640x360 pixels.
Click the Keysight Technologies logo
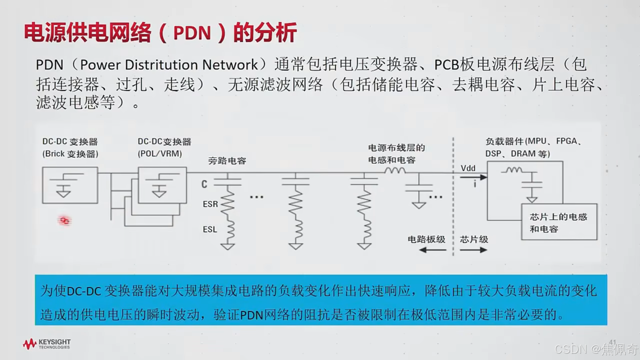[47, 344]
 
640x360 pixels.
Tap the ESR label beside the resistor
[210, 204]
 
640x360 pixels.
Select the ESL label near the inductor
[210, 229]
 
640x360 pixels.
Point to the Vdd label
[468, 168]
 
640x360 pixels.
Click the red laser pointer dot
[65, 221]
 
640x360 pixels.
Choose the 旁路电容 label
[227, 161]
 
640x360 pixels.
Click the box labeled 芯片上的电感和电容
[559, 222]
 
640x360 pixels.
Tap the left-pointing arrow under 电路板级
[432, 250]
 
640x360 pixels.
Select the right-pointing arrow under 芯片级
[473, 250]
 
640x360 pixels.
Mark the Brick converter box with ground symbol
[70, 185]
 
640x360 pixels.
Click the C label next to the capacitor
[204, 184]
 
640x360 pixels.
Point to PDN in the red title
[192, 33]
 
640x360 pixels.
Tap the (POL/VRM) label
[160, 154]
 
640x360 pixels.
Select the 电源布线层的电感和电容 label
[396, 154]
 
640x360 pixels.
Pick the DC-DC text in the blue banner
[84, 291]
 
